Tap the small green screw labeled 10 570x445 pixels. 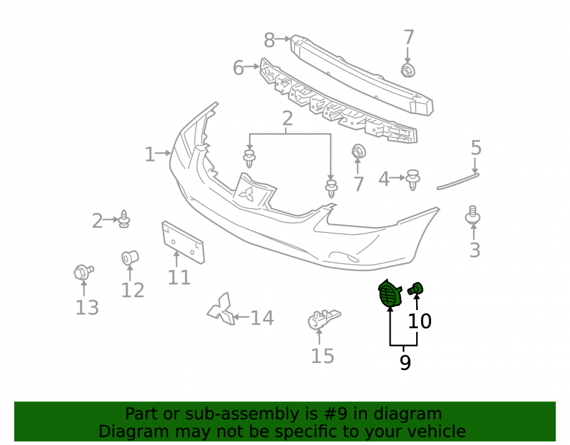(x=415, y=288)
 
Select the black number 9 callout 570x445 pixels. (x=405, y=362)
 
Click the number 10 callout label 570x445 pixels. (x=420, y=321)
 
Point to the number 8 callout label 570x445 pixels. (x=270, y=40)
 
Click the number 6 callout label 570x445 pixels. (x=238, y=68)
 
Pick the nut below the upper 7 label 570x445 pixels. (x=408, y=70)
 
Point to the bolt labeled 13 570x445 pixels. (x=83, y=272)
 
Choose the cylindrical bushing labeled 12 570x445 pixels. (x=130, y=258)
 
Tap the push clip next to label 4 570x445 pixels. (x=413, y=179)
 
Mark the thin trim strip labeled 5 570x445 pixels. (x=458, y=182)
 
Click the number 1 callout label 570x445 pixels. (x=150, y=154)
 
